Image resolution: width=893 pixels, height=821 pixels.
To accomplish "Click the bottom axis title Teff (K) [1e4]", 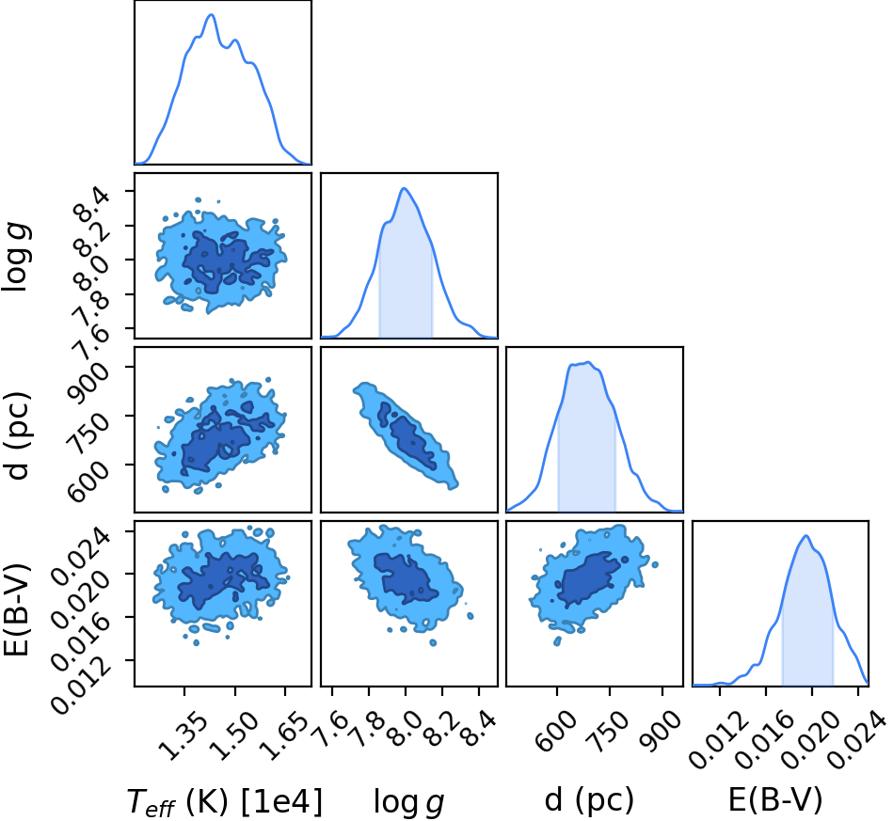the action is click(224, 801).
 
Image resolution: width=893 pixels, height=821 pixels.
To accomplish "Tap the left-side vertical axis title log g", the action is click(17, 258).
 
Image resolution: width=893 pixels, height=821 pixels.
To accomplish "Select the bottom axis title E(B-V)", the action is click(775, 800).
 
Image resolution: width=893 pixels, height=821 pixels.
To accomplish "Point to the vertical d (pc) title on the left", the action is click(18, 435).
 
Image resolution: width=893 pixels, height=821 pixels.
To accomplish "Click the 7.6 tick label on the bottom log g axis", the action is click(331, 729).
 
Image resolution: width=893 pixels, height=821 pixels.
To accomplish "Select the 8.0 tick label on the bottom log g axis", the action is click(405, 729).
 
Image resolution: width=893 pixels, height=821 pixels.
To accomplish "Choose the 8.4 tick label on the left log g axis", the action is click(91, 206).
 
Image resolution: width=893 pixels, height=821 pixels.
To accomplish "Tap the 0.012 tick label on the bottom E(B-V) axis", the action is click(719, 740).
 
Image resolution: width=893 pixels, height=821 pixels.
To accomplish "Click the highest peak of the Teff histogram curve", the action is click(212, 15).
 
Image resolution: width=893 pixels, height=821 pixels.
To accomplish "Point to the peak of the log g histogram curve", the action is click(404, 188).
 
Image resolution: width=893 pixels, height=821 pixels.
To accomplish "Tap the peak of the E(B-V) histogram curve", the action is click(805, 536).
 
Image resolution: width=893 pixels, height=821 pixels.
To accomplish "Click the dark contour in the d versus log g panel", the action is click(409, 436).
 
